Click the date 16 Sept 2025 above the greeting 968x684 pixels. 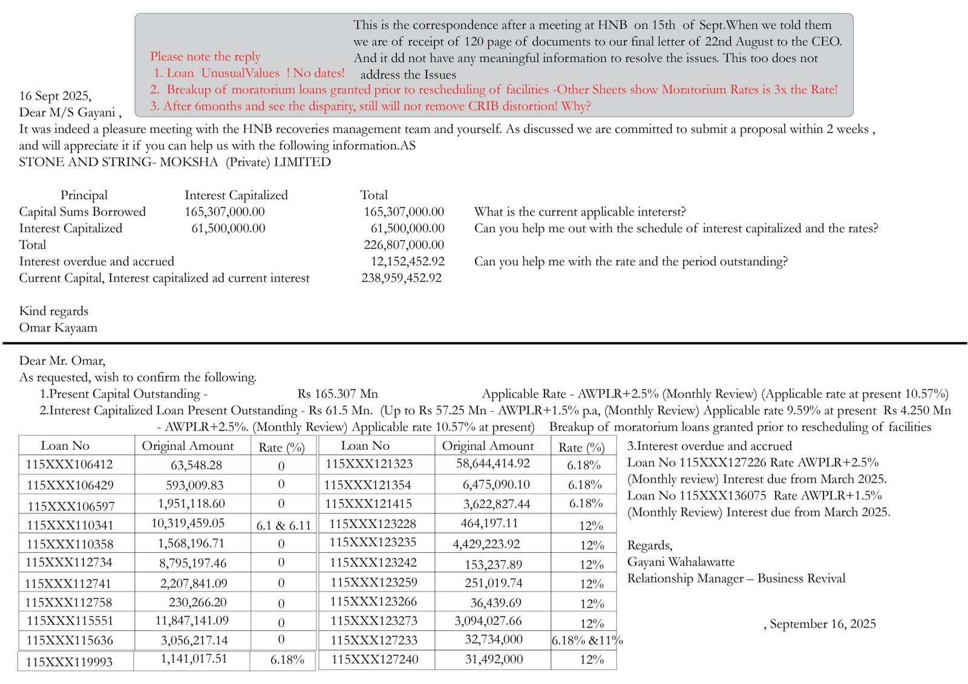[55, 96]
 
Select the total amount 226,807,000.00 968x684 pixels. [404, 244]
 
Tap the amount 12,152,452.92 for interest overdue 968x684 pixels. [407, 261]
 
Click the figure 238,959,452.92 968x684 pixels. [401, 278]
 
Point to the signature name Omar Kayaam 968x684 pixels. [58, 327]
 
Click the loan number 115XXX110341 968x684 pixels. [70, 525]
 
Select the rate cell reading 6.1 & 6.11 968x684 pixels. [283, 525]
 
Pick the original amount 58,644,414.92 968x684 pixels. [492, 463]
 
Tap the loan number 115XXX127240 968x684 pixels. [374, 659]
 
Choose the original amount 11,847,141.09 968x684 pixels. [192, 620]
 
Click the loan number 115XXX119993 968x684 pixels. [69, 662]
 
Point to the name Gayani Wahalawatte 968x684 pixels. [681, 562]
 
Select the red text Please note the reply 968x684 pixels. [205, 56]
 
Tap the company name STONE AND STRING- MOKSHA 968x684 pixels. [118, 162]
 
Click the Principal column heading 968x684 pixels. [84, 195]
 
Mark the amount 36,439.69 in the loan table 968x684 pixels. [495, 602]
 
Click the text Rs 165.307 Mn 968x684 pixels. [338, 394]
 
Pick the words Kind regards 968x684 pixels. [53, 311]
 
